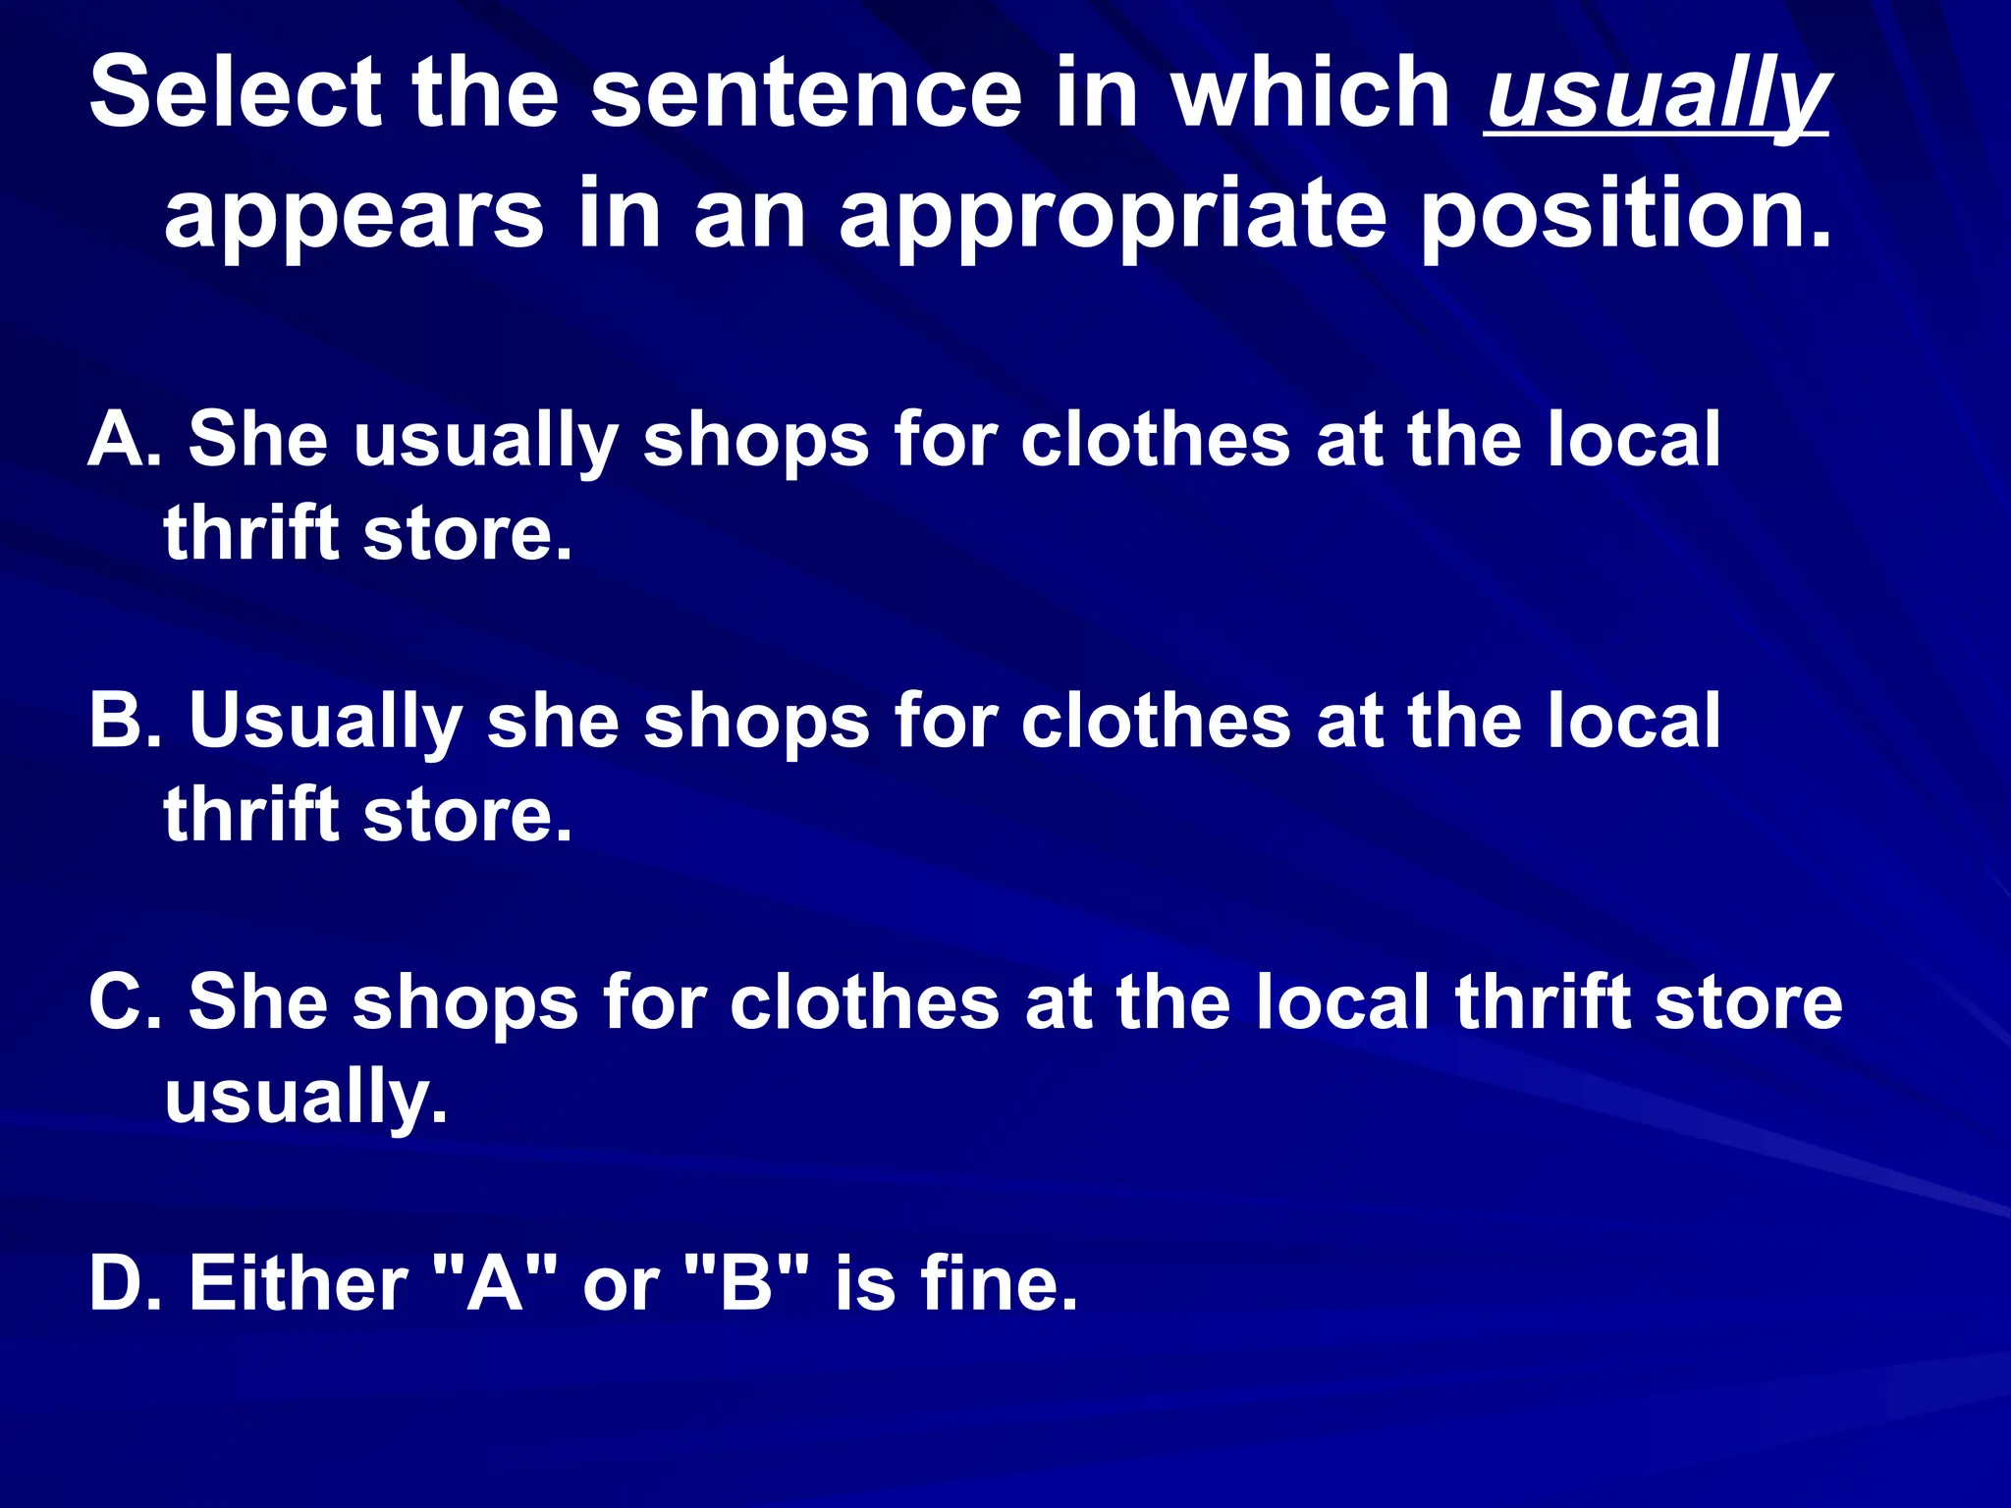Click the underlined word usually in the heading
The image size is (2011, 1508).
(1658, 96)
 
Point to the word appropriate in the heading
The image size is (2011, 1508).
(1113, 214)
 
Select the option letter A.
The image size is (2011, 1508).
(122, 439)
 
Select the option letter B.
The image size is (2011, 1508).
(122, 721)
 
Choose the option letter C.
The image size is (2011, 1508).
(122, 1002)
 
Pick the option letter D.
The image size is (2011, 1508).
(122, 1283)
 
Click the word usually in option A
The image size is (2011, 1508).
(485, 441)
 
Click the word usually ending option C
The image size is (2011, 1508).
(305, 1098)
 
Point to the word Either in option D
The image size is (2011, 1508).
(298, 1283)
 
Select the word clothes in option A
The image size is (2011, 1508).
(1155, 439)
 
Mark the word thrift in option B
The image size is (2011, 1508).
(251, 814)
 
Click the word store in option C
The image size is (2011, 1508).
(1748, 1002)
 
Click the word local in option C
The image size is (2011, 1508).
(1342, 1002)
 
